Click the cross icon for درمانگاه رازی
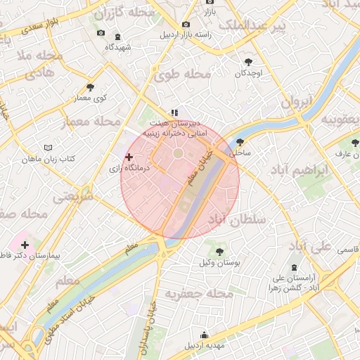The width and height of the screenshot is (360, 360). [129, 157]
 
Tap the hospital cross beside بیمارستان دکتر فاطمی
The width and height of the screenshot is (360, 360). [25, 245]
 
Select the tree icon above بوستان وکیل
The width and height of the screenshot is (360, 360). [219, 251]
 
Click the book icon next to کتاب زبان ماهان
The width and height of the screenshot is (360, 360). [49, 148]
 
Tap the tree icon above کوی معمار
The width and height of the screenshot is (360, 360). [90, 87]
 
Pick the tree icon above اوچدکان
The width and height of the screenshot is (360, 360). [247, 62]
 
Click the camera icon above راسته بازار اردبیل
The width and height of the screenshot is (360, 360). [186, 24]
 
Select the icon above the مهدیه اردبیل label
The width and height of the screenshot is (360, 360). [204, 335]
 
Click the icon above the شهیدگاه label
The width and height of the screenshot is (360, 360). [117, 37]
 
